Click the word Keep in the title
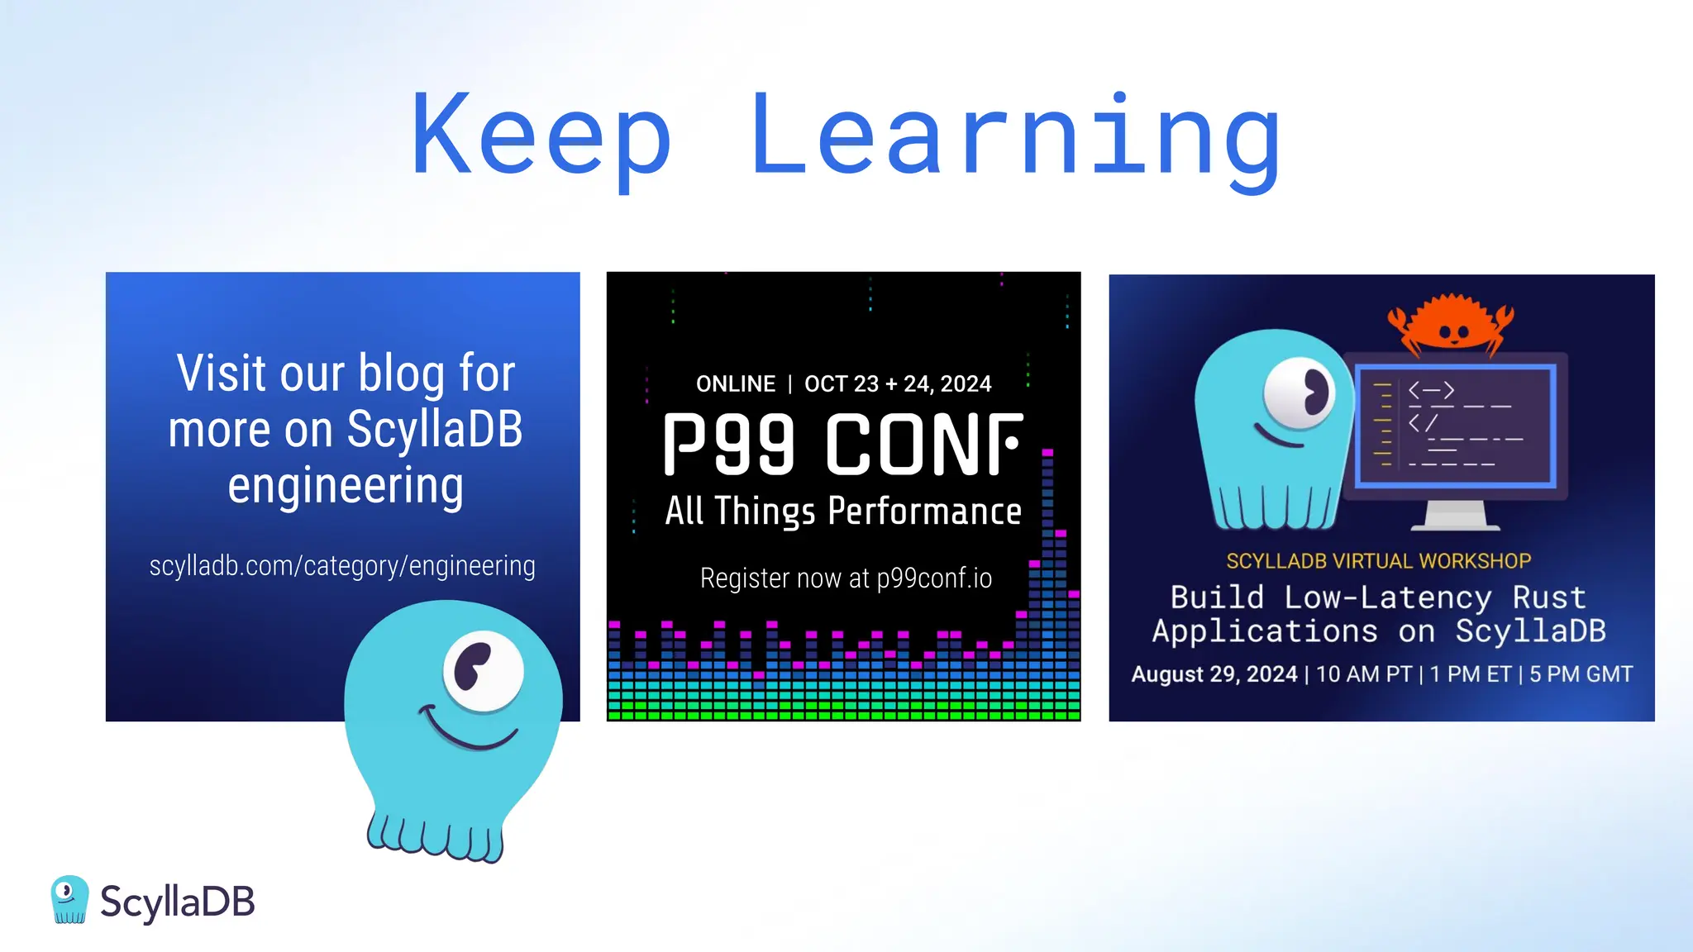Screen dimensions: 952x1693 click(541, 136)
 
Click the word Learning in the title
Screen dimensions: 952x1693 click(1015, 136)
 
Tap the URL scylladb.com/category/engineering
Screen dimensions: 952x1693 click(342, 566)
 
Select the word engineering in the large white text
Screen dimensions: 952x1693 click(346, 486)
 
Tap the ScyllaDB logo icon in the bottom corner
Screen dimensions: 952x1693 click(69, 899)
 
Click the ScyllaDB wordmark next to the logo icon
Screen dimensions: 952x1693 click(177, 902)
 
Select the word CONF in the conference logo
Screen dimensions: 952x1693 click(924, 445)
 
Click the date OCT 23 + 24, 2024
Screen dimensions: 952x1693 click(898, 384)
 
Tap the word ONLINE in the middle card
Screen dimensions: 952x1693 click(736, 384)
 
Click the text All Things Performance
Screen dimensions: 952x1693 click(843, 512)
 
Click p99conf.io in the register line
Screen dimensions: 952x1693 click(934, 578)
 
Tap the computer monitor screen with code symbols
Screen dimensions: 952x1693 click(1455, 426)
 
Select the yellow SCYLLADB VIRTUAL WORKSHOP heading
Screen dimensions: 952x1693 click(1379, 561)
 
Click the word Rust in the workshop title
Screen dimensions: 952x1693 click(1549, 597)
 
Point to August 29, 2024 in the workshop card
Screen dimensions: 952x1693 click(1214, 674)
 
